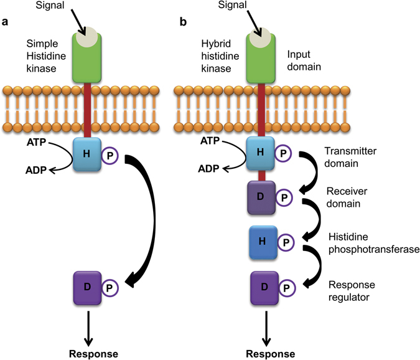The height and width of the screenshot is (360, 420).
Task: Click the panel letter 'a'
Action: coord(4,22)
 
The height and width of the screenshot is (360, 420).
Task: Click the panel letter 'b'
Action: coord(183,21)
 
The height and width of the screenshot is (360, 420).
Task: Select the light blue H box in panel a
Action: coord(87,154)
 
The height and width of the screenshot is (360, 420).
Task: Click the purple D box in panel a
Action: coord(87,288)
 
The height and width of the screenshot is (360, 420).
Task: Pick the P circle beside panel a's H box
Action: coord(110,156)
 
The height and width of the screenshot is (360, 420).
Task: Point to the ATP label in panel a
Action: coord(37,142)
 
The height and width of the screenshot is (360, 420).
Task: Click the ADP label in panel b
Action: coord(208,169)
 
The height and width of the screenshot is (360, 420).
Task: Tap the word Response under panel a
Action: coord(93,354)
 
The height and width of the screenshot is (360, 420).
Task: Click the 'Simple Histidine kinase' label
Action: coord(46,56)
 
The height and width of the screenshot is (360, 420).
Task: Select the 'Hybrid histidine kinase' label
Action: coord(220,56)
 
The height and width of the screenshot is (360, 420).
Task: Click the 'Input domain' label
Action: coord(304,60)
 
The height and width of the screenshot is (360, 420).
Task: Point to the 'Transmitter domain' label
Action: coord(350,157)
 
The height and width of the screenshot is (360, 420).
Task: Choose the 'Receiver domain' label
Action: coord(347,197)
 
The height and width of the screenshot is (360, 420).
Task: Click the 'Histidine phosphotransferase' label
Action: coord(374,243)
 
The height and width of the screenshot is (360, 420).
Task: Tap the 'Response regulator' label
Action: coord(352,291)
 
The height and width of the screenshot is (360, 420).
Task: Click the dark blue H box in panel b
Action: coord(263,242)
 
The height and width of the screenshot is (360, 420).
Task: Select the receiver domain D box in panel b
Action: coord(261,197)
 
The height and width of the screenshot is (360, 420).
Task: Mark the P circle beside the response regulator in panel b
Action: coord(287,288)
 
